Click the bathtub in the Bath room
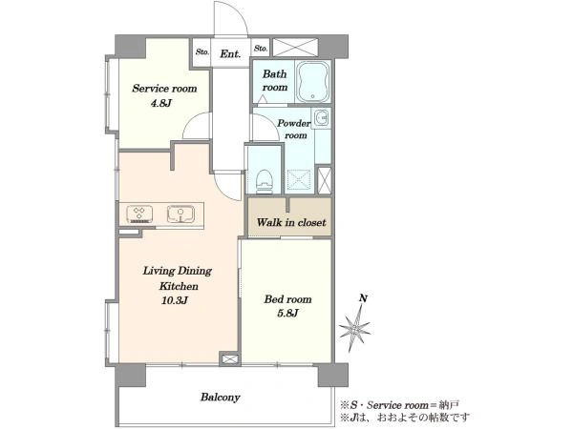tap(313, 82)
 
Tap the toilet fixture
tap(265, 181)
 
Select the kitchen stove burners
tap(139, 214)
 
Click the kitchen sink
tap(180, 214)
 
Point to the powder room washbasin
tap(322, 118)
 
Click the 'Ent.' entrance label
tap(230, 54)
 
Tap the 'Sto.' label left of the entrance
tap(202, 51)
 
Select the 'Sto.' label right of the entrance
tap(261, 49)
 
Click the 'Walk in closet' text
tap(291, 222)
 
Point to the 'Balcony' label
tap(220, 397)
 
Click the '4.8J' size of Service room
tap(161, 103)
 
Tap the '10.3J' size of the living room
tap(175, 300)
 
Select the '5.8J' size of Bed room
tap(287, 313)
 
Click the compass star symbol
tap(354, 327)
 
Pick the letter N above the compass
tap(363, 298)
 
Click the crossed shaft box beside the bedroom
tap(230, 359)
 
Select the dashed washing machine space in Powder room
tap(299, 180)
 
